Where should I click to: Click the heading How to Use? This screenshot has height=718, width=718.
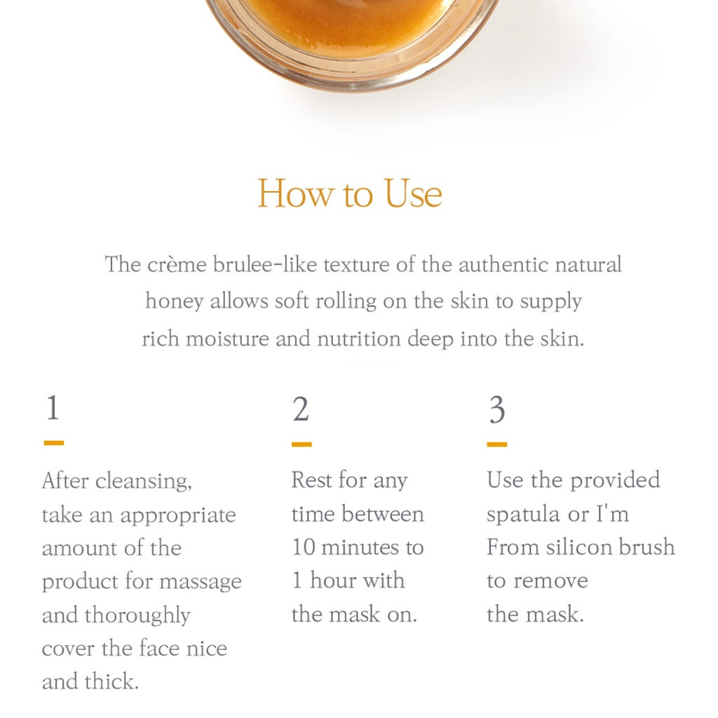tap(350, 194)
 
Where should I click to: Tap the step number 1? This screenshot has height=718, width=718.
tap(53, 407)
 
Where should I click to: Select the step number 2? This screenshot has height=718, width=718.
tap(301, 409)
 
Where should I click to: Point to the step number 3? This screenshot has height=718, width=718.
tap(497, 409)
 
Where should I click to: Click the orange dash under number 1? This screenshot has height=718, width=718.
tap(53, 443)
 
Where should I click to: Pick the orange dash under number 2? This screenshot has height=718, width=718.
tap(302, 444)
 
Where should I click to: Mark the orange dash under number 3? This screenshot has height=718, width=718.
tap(497, 444)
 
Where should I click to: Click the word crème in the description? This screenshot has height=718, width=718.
tap(177, 264)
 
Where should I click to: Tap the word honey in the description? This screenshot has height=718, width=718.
tap(175, 302)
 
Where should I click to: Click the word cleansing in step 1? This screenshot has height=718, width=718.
tap(144, 482)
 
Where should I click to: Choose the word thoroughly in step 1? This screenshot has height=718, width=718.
tap(137, 616)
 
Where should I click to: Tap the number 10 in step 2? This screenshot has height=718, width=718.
tap(303, 547)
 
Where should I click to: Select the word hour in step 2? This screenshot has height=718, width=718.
tap(332, 581)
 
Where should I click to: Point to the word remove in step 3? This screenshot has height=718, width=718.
tap(551, 581)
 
